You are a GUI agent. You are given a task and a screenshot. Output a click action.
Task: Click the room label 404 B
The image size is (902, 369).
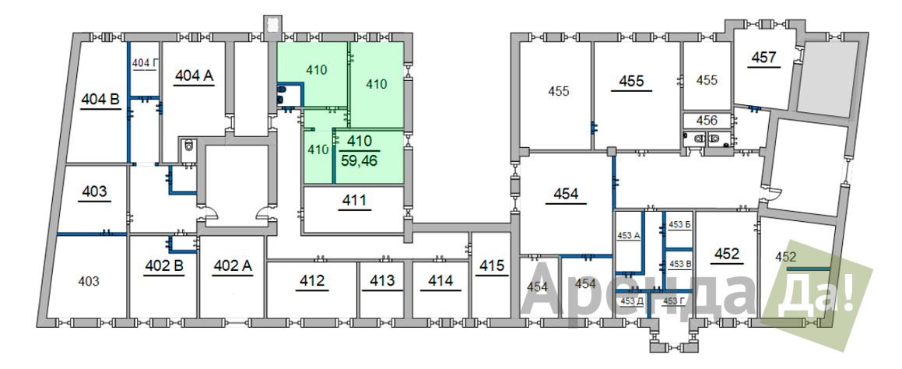click(100, 100)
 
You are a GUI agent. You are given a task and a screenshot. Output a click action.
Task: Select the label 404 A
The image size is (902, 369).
click(195, 76)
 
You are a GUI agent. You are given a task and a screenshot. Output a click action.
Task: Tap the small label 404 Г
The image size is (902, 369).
click(145, 63)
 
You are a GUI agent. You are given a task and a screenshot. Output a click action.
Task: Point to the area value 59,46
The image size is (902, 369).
click(359, 160)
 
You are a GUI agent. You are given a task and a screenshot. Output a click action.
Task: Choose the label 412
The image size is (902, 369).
click(312, 281)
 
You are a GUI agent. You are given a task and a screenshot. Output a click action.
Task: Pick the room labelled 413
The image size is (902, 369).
click(382, 281)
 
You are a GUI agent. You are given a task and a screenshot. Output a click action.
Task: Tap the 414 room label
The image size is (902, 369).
click(440, 281)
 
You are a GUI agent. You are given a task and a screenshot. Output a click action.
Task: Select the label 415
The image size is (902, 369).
click(492, 266)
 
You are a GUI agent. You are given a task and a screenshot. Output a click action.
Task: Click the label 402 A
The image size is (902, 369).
click(233, 266)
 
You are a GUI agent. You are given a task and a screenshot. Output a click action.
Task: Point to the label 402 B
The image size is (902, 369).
click(164, 266)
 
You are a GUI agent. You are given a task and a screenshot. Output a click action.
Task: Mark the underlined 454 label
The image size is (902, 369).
click(566, 194)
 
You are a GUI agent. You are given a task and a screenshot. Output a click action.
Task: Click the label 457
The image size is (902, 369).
click(764, 58)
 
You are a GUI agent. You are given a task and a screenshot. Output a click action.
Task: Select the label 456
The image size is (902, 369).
click(707, 121)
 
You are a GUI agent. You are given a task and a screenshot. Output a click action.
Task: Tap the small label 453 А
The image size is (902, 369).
click(629, 235)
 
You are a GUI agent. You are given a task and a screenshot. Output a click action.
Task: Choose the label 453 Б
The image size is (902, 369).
click(680, 224)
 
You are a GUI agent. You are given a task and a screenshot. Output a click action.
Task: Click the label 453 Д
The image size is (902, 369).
click(632, 300)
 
